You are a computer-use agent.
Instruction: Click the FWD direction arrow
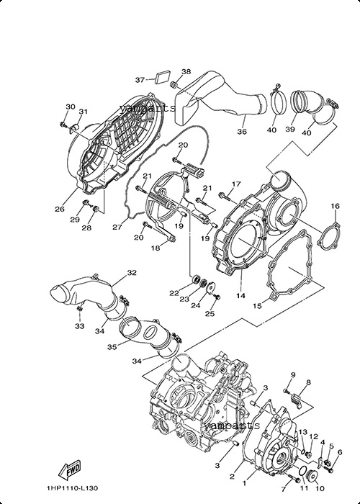69,469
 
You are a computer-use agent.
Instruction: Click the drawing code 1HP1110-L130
72,489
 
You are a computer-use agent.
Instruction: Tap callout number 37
140,80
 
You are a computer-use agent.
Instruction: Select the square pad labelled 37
163,78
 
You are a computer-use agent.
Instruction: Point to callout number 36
242,131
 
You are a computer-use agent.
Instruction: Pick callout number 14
240,295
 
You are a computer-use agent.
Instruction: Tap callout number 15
257,306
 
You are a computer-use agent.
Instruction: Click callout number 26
60,209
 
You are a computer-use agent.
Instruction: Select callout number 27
117,228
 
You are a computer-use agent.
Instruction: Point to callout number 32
132,273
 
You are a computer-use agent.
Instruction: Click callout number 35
112,347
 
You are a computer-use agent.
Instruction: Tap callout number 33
79,326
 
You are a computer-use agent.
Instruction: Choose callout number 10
320,489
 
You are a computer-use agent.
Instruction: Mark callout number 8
309,382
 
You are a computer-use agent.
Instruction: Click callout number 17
236,184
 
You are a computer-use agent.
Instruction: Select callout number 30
71,107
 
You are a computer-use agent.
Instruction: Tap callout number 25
210,314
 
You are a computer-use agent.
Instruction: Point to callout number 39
290,129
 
